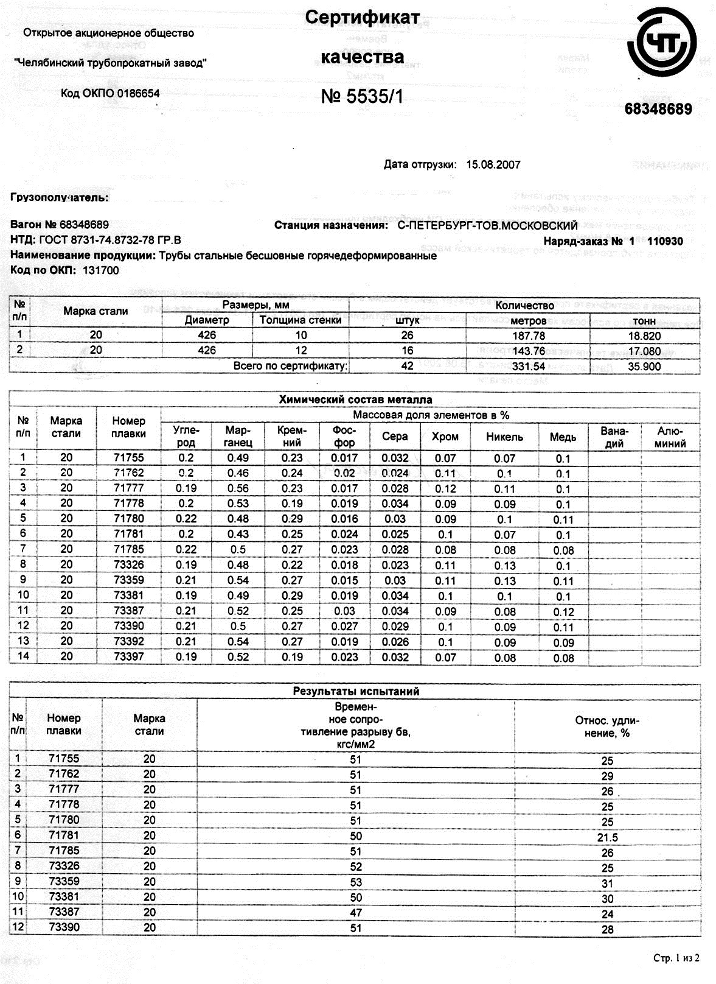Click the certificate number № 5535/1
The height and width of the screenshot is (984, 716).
coord(362,97)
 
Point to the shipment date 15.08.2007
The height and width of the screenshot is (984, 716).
coord(493,164)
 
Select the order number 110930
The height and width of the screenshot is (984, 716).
coord(665,241)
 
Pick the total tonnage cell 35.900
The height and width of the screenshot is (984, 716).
coord(644,367)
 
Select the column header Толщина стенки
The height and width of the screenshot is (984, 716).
coord(301,320)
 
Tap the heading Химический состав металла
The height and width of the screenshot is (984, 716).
coord(355,399)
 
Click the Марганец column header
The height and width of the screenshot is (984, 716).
coord(238,436)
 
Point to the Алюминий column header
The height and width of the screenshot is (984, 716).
coord(670,437)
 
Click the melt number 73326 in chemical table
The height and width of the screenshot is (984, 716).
coord(129,564)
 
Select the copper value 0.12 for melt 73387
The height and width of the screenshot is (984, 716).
coord(563,612)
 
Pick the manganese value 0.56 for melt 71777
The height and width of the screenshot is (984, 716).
coord(238,488)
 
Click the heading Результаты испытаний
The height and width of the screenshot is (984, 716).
coord(356,691)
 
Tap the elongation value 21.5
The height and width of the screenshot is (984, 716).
coord(607,838)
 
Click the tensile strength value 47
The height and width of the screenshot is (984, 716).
coord(356,912)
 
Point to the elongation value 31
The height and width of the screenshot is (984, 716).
coord(607,884)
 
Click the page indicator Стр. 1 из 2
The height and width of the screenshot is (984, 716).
coord(676,958)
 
